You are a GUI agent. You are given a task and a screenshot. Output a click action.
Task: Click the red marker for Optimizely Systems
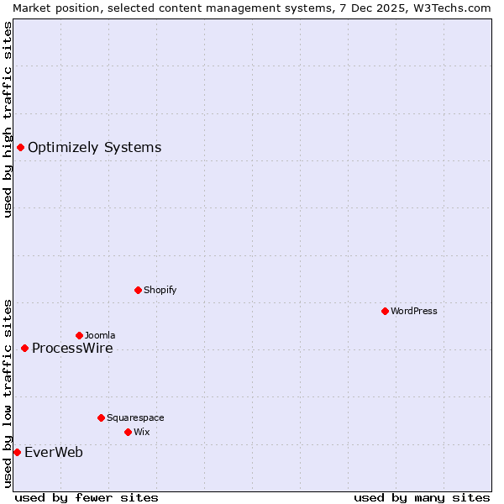[x=20, y=148]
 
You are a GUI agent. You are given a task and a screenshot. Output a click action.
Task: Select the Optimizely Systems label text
[x=94, y=148]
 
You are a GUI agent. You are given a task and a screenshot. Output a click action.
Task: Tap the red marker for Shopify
[x=138, y=290]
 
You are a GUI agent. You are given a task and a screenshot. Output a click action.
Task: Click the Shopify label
[x=160, y=290]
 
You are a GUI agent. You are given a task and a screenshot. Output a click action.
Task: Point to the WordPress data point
[x=385, y=311]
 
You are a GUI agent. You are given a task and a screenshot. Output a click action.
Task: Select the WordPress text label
[x=413, y=311]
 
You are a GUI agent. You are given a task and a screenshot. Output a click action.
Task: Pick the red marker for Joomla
[x=79, y=335]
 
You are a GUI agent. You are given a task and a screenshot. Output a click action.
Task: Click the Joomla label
[x=99, y=335]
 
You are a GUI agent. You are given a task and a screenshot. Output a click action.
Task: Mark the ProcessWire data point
[x=24, y=348]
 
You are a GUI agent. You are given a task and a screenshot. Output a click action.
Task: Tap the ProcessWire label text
[x=72, y=348]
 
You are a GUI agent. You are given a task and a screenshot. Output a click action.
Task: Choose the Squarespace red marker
[x=101, y=417]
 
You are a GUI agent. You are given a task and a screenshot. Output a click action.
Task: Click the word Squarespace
[x=134, y=417]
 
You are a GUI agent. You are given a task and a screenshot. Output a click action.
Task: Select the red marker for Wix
[x=128, y=432]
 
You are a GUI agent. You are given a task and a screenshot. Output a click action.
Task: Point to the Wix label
[x=141, y=432]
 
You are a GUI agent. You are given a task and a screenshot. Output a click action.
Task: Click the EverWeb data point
[x=17, y=452]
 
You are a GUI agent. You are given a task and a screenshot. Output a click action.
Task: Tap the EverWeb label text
[x=54, y=452]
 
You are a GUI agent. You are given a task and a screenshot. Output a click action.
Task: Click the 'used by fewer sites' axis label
[x=87, y=497]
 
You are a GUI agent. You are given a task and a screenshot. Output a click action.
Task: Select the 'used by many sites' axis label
[x=422, y=497]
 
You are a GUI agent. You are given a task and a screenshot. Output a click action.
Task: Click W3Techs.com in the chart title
[x=453, y=8]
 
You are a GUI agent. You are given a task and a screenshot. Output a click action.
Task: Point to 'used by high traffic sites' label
[x=8, y=119]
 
